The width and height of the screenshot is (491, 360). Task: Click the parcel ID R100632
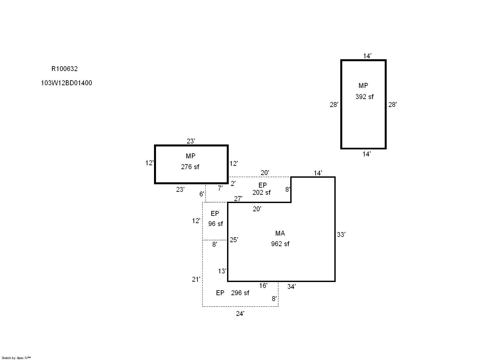tap(65, 69)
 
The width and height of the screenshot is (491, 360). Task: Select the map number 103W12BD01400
tap(66, 83)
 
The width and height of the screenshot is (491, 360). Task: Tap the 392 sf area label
tap(364, 97)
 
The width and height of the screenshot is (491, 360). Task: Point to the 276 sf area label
tap(190, 167)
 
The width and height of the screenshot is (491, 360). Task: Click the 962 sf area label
tap(280, 244)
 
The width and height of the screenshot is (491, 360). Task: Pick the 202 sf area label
tap(261, 193)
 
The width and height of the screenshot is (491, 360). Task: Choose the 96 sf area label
tap(215, 224)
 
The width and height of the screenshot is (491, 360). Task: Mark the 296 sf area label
tap(240, 293)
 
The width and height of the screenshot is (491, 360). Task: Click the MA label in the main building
tap(280, 233)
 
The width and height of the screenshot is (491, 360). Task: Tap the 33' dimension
tap(341, 235)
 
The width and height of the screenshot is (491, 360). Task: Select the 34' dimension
tap(291, 287)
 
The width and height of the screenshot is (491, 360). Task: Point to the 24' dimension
tap(240, 314)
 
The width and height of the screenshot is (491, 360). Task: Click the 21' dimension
tap(196, 279)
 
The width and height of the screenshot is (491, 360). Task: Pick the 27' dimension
tap(238, 199)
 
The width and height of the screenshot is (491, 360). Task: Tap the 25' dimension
tap(234, 240)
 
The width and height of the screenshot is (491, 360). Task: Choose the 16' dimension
tap(263, 286)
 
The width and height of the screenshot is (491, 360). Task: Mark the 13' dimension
tap(222, 271)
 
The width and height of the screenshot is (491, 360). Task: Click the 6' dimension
tap(202, 194)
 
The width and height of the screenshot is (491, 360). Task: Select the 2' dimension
tap(233, 184)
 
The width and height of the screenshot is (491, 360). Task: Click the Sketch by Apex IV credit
tap(16, 358)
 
